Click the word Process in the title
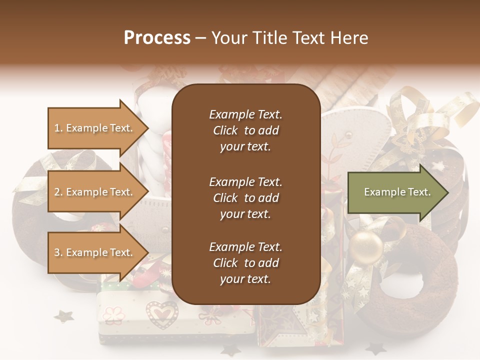click(157, 38)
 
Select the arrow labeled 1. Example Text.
click(95, 128)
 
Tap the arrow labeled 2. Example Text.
click(95, 192)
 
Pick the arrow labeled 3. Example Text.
click(95, 252)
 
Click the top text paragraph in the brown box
click(245, 130)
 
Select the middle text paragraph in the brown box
click(245, 198)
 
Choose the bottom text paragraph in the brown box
click(245, 263)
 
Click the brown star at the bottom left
click(63, 316)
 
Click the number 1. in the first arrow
click(58, 128)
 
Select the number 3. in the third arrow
click(58, 252)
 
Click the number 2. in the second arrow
click(58, 192)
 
